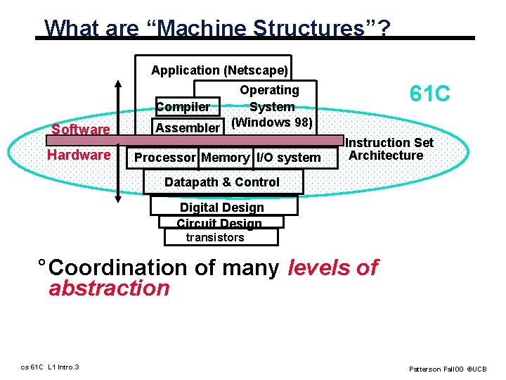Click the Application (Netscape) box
click(219, 70)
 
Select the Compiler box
click(183, 107)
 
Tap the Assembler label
click(188, 127)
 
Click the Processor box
click(165, 158)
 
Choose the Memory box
click(225, 158)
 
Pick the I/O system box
click(288, 158)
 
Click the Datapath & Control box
click(221, 182)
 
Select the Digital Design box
click(222, 208)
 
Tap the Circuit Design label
click(219, 223)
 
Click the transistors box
click(215, 237)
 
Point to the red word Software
click(81, 129)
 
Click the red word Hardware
click(79, 155)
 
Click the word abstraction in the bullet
click(109, 289)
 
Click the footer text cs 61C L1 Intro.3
click(49, 367)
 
